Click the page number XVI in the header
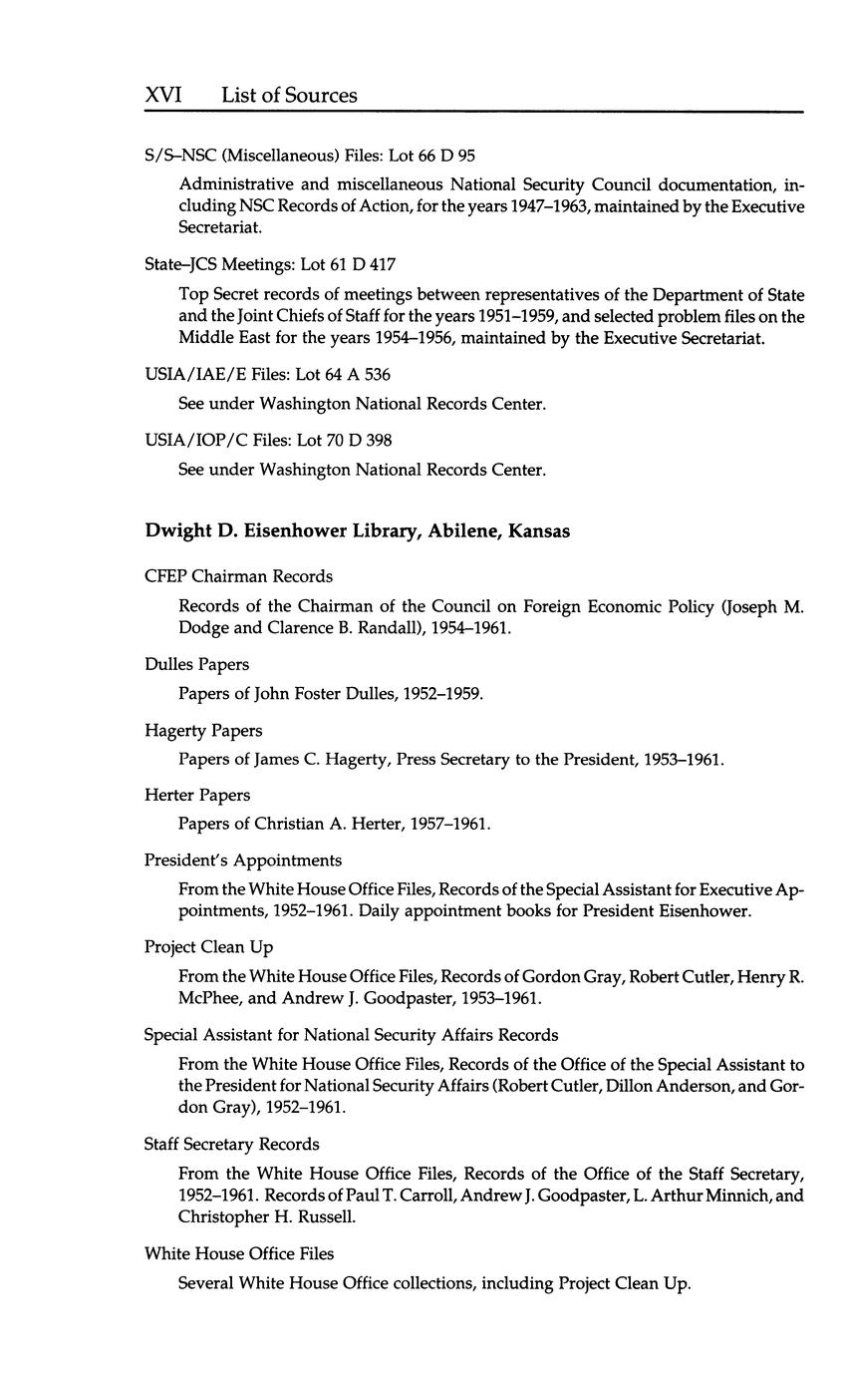pos(162,96)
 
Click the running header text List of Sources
pos(289,96)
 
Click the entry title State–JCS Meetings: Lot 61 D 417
pos(269,265)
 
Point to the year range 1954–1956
pos(458,338)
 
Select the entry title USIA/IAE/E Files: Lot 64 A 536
pos(267,375)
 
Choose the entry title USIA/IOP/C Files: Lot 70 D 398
pos(268,440)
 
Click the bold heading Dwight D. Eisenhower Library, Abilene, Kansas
pos(358,531)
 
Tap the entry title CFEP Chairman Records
pos(238,576)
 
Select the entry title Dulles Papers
pos(196,664)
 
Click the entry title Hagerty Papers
pos(203,731)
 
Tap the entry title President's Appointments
pos(243,860)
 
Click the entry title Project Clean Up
pos(208,947)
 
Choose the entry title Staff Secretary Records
pos(231,1144)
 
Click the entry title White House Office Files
pos(239,1253)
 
